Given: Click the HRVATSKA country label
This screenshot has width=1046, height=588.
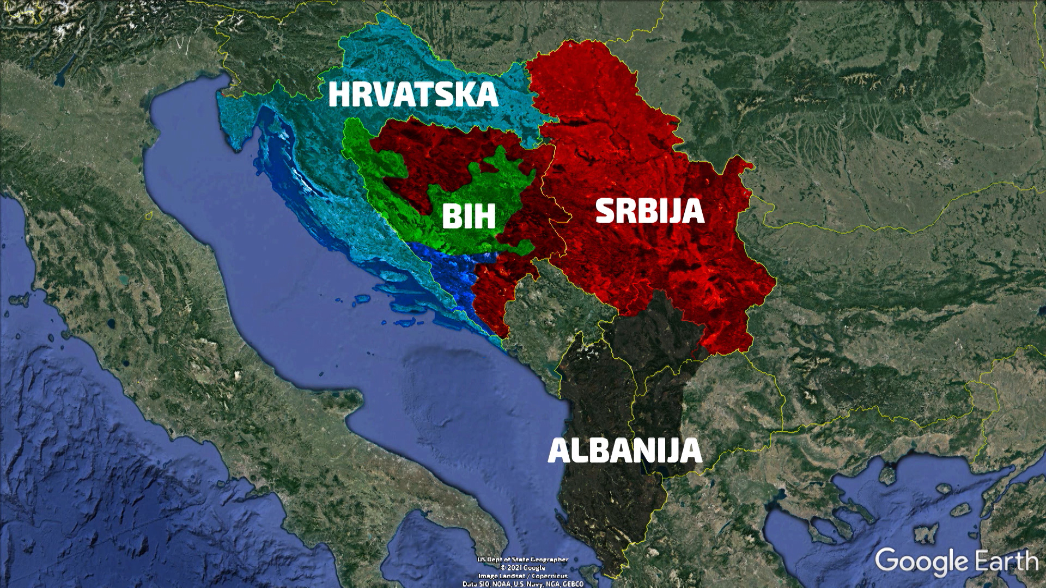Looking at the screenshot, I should pos(413,94).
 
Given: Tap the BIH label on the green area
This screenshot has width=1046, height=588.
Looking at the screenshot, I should pos(469,216).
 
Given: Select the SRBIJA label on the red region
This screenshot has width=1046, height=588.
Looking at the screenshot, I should pos(650,211).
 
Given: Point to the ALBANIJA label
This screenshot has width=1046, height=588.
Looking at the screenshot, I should pos(625,451).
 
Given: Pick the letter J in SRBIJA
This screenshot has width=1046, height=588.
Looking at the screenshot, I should pos(676,212).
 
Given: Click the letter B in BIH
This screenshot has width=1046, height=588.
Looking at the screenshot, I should pos(452,216).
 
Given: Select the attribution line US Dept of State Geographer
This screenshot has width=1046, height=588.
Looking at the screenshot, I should pos(523,560).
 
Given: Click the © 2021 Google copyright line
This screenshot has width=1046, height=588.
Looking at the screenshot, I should pos(523,567).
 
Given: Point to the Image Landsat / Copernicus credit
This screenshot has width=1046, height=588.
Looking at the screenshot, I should pos(523,575).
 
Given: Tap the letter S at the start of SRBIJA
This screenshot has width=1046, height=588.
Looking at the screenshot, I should pos(605,211).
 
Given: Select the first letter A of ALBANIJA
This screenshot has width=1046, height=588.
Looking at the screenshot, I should pos(560,451).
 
